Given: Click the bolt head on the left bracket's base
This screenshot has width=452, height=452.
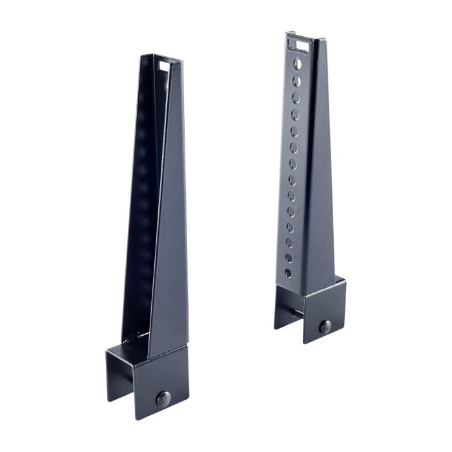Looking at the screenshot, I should coord(163,398).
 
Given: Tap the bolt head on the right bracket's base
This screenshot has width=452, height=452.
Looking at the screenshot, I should coord(325,326).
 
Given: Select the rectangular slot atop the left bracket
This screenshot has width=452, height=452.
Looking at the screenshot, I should coord(163,67).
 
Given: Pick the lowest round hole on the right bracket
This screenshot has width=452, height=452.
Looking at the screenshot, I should coord(288,272).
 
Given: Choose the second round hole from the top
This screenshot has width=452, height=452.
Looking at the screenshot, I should coord(296,81).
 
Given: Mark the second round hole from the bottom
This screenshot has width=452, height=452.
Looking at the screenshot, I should coord(289,258).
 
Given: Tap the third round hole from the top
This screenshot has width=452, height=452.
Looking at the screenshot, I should coord(296,98).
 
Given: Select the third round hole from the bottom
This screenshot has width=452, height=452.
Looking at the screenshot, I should coord(289,243).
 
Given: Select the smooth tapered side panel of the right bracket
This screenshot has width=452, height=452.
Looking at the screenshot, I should coord(320,194).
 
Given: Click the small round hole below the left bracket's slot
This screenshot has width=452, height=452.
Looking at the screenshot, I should coord(166,85).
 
